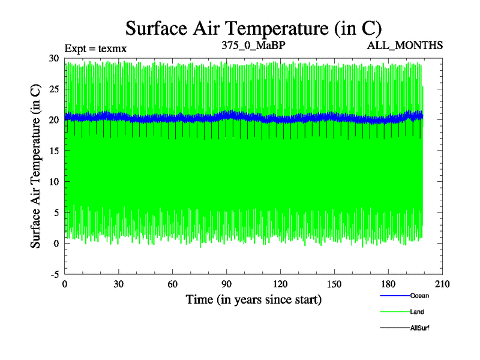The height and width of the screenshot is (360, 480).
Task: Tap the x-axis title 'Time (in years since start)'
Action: click(254, 299)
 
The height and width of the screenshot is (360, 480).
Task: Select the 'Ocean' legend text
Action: click(419, 296)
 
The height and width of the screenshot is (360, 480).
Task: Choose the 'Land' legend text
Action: click(418, 311)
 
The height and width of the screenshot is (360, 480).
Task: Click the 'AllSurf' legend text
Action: click(421, 328)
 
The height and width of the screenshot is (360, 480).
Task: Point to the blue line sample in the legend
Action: click(395, 296)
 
